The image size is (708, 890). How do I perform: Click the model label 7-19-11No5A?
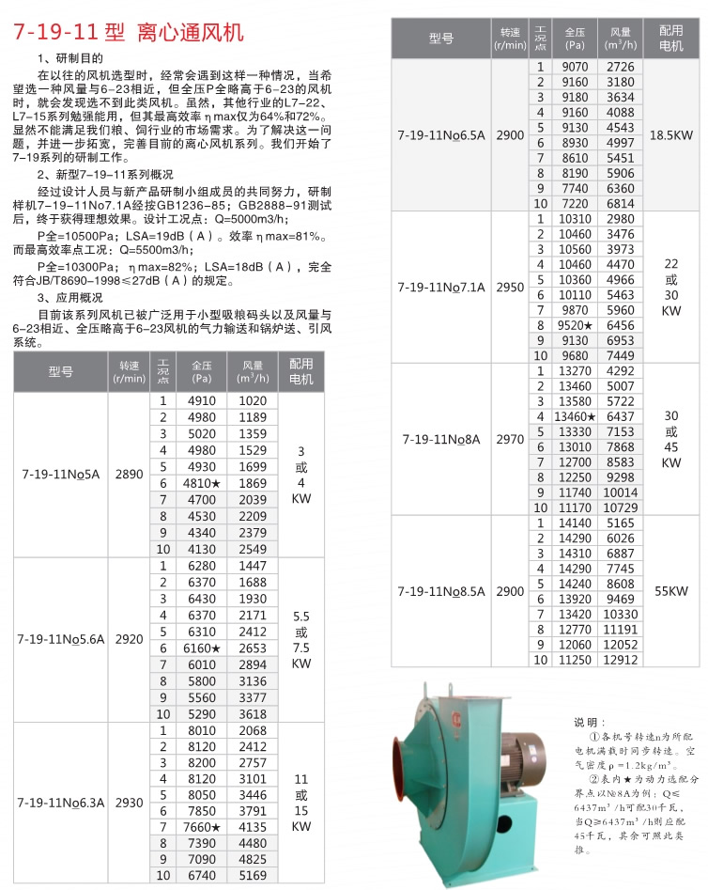pyautogui.click(x=60, y=475)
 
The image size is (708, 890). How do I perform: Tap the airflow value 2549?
pyautogui.click(x=253, y=548)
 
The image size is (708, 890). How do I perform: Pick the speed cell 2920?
pyautogui.click(x=129, y=639)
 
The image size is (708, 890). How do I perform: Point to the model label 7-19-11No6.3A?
pyautogui.click(x=60, y=803)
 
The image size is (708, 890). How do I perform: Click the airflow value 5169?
pyautogui.click(x=253, y=876)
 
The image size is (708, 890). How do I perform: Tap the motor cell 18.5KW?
pyautogui.click(x=670, y=135)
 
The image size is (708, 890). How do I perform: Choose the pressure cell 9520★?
pyautogui.click(x=577, y=323)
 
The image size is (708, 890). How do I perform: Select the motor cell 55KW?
pyautogui.click(x=670, y=591)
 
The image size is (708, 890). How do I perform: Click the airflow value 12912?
pyautogui.click(x=621, y=660)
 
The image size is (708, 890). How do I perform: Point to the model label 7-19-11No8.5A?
pyautogui.click(x=441, y=591)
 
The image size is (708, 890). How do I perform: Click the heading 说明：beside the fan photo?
pyautogui.click(x=593, y=722)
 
